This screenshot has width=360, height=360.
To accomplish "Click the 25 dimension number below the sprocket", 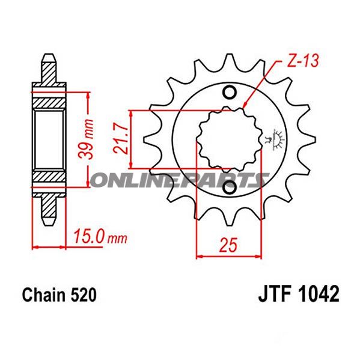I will coord(230,245).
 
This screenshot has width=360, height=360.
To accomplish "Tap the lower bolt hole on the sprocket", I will coord(229,189).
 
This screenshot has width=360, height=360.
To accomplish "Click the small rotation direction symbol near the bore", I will coord(278,138).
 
